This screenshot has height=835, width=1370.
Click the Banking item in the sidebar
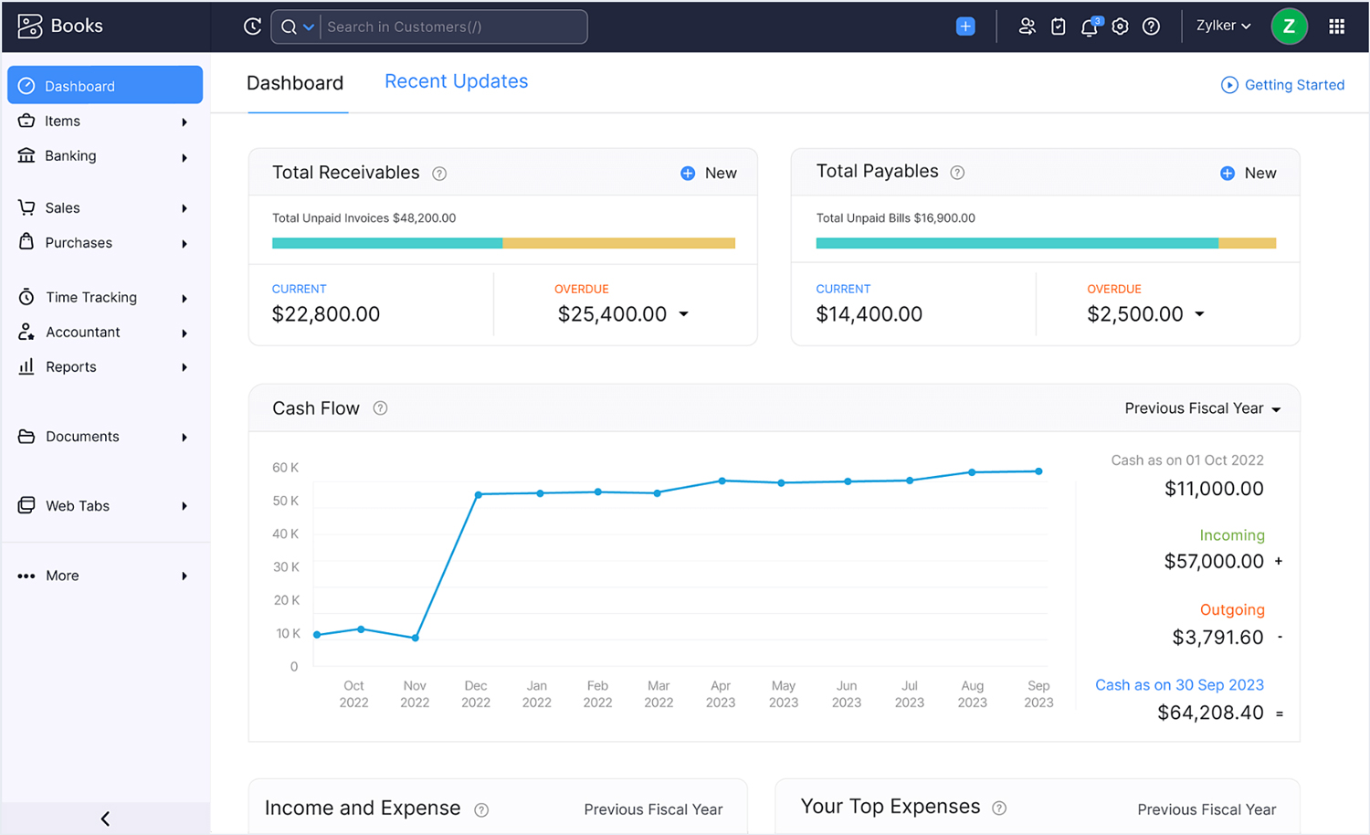(70, 156)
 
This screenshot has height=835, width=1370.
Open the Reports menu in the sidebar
(70, 367)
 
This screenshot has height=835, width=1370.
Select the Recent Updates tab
(456, 81)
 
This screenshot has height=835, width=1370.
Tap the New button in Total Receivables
(709, 174)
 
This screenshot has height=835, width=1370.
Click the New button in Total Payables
(1249, 174)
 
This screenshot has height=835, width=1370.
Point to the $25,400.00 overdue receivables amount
(612, 314)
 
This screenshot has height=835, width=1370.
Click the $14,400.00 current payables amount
(869, 314)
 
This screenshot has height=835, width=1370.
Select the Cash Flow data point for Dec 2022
(479, 495)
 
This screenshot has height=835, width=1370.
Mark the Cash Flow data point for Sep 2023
(1038, 471)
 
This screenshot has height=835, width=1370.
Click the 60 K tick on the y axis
(285, 468)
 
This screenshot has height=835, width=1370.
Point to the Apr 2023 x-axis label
(721, 694)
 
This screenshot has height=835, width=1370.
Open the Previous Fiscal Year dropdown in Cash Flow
(1202, 408)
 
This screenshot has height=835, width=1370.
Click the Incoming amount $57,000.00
(1214, 562)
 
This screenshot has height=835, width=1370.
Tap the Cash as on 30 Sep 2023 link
(1179, 685)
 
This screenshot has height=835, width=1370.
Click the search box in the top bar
(452, 27)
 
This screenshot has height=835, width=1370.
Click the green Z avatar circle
(1289, 26)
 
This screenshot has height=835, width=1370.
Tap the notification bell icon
(1089, 27)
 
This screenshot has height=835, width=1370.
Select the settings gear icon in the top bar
(1120, 27)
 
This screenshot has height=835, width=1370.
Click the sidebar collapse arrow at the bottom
(105, 819)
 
